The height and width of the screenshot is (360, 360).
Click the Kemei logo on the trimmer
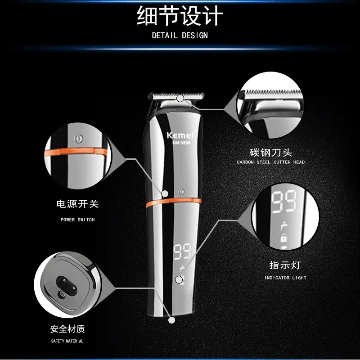(181, 135)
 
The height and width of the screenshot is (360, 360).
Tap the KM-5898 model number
(181, 143)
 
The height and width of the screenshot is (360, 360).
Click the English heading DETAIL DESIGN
(180, 35)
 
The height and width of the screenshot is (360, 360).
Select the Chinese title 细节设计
(180, 16)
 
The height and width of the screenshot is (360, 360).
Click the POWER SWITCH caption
(78, 220)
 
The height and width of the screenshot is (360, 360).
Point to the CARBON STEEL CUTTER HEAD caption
(271, 162)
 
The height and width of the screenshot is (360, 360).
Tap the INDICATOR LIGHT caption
(285, 278)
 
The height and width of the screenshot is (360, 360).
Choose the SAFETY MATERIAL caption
(67, 341)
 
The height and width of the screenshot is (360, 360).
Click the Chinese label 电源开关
(78, 204)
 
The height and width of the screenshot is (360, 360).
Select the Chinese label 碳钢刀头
(271, 152)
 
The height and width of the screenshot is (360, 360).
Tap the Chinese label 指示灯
(285, 265)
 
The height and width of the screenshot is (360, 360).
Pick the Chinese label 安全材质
(67, 329)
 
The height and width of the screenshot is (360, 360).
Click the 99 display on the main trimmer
(182, 252)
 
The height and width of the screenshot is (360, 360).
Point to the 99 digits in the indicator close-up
(284, 201)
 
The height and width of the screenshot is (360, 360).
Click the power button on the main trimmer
(182, 191)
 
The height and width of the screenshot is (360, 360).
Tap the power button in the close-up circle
(79, 139)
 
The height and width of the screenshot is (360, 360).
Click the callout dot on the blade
(180, 98)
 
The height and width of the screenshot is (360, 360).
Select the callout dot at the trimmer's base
(172, 320)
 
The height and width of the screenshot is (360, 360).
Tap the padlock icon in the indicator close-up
(284, 238)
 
